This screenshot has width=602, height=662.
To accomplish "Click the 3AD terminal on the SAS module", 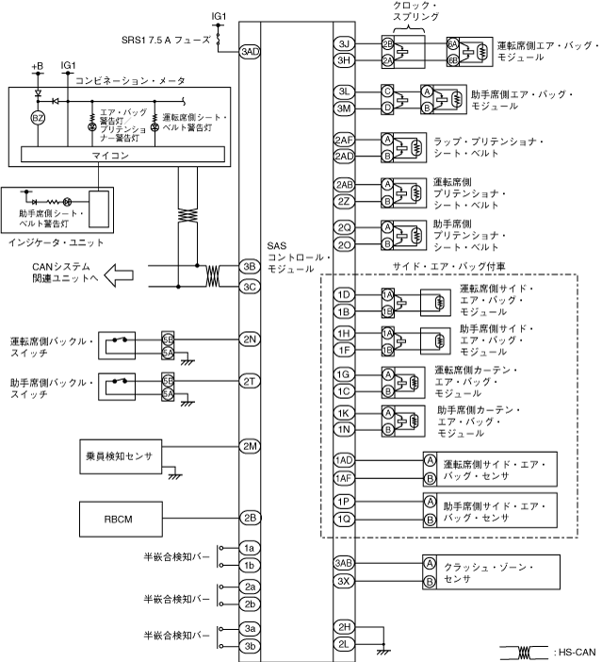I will [250, 51].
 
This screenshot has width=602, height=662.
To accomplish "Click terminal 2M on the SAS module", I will [250, 445].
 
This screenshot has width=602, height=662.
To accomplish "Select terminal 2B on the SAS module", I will [250, 517].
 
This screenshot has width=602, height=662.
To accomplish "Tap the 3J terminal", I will [345, 44].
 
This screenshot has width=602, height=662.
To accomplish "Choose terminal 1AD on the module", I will [345, 459].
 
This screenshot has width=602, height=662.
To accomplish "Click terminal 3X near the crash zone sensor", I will [345, 581].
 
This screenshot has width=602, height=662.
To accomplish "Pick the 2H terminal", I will [345, 627].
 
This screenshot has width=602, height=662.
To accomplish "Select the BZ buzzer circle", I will [39, 118].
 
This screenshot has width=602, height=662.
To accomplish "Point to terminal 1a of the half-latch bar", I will [250, 548].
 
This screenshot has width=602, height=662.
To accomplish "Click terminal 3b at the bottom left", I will [250, 646].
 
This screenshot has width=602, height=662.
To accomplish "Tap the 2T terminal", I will [250, 381].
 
